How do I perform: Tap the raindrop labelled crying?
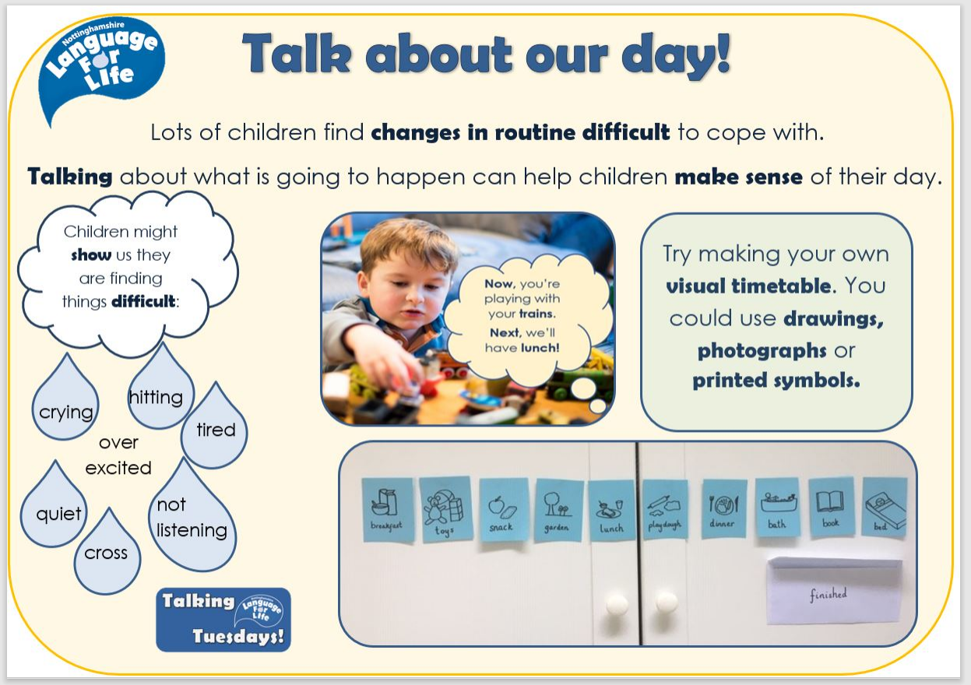coord(65,401)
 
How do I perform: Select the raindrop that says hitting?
coord(161,390)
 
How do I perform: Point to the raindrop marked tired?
coord(214,429)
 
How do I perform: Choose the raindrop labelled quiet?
coord(54,508)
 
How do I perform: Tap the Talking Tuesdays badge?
coord(223,620)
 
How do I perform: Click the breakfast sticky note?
coord(388,510)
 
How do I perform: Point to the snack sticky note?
coord(504,510)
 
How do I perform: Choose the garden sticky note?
coord(559,510)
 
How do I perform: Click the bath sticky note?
coord(778,507)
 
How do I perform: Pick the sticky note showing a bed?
coord(884,508)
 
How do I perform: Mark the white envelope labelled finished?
coord(834,591)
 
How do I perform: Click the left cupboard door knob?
coord(617,604)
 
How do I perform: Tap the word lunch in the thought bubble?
coord(540,348)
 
